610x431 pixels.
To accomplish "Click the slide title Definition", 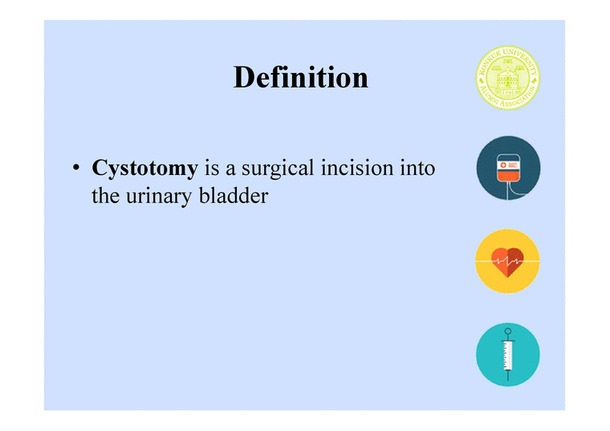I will point(301,78).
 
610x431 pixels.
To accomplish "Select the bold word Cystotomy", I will point(145,169).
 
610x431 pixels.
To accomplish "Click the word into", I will point(417,169).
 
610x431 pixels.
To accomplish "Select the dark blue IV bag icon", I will point(507,169).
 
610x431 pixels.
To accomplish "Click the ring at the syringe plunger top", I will point(506,331).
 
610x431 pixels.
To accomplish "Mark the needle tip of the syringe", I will point(506,377).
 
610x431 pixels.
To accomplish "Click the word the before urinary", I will point(105,195).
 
